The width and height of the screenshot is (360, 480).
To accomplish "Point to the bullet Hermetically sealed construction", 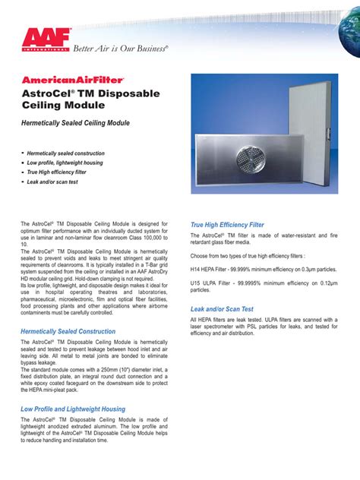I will click(66, 153).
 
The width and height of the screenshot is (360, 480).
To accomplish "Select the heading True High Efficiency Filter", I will click(227, 225).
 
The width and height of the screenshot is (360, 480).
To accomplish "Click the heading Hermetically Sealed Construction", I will click(68, 331).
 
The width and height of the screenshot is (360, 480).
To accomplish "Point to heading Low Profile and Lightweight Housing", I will click(73, 409).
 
